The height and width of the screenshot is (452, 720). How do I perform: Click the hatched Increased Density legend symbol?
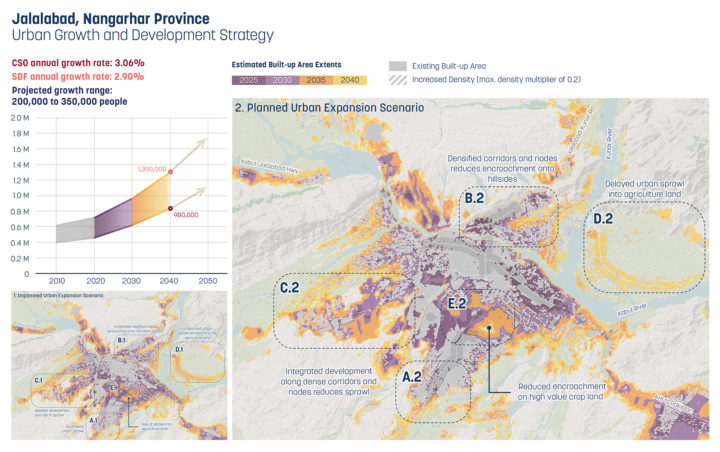[x=398, y=80]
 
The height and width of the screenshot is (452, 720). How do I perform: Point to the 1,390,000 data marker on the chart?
[x=171, y=172]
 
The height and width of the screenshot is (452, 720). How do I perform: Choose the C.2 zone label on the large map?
[x=290, y=289]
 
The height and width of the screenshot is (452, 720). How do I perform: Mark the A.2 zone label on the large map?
[x=411, y=377]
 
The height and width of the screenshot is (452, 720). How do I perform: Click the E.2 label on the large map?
[x=461, y=303]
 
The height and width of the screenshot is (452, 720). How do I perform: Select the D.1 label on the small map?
[x=179, y=349]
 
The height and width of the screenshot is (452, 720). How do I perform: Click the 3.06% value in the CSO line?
[x=124, y=62]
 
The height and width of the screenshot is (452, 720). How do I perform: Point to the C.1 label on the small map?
[x=38, y=380]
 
